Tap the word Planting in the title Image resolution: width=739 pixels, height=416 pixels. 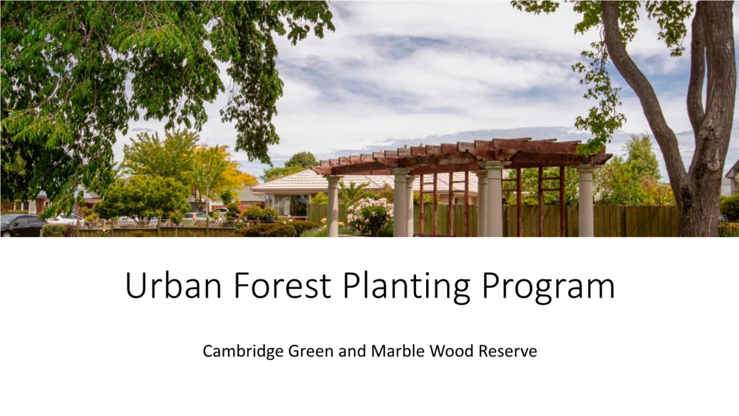406,287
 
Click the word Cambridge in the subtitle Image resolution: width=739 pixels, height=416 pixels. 243,352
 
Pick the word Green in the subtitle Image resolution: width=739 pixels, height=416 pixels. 311,351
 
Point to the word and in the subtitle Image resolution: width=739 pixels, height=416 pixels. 352,351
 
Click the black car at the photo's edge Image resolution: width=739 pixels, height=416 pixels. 22,225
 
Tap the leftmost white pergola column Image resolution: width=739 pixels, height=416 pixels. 333,206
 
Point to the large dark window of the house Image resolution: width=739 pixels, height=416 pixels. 287,205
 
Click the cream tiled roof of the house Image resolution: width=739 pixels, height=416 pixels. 363,182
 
